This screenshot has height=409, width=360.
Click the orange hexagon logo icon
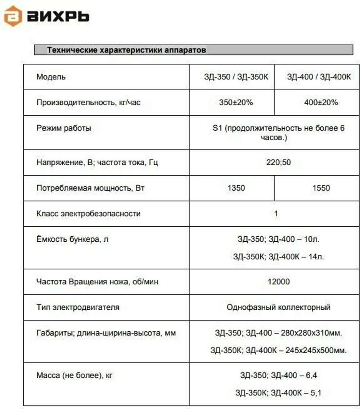(x=13, y=17)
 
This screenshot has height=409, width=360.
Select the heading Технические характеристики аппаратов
(x=126, y=50)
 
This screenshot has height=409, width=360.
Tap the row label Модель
(x=51, y=77)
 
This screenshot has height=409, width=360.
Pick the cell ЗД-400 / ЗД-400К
(x=319, y=77)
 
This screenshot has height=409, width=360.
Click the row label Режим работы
(x=64, y=128)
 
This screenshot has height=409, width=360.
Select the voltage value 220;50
(x=279, y=162)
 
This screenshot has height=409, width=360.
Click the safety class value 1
(x=276, y=214)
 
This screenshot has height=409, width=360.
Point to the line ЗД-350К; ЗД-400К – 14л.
(x=278, y=256)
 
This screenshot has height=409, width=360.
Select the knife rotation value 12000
(x=279, y=282)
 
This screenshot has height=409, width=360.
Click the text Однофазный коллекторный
(x=279, y=307)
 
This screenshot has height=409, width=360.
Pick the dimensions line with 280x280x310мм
(x=279, y=333)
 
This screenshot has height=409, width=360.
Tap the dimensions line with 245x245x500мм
(x=279, y=350)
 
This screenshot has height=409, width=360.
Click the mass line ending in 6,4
(x=279, y=376)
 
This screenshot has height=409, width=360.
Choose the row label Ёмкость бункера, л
(x=72, y=239)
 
